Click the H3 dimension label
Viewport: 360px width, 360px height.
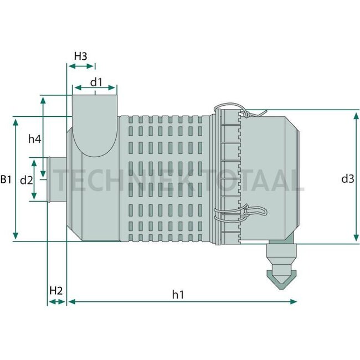81,56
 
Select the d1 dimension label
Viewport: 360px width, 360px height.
96,81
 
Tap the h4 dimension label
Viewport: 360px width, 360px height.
35,140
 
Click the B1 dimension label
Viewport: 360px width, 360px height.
6,179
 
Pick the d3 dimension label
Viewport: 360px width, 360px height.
347,178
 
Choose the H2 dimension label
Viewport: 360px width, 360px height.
56,290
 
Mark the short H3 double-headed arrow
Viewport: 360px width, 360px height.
81,66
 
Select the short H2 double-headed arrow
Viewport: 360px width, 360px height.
56,302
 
